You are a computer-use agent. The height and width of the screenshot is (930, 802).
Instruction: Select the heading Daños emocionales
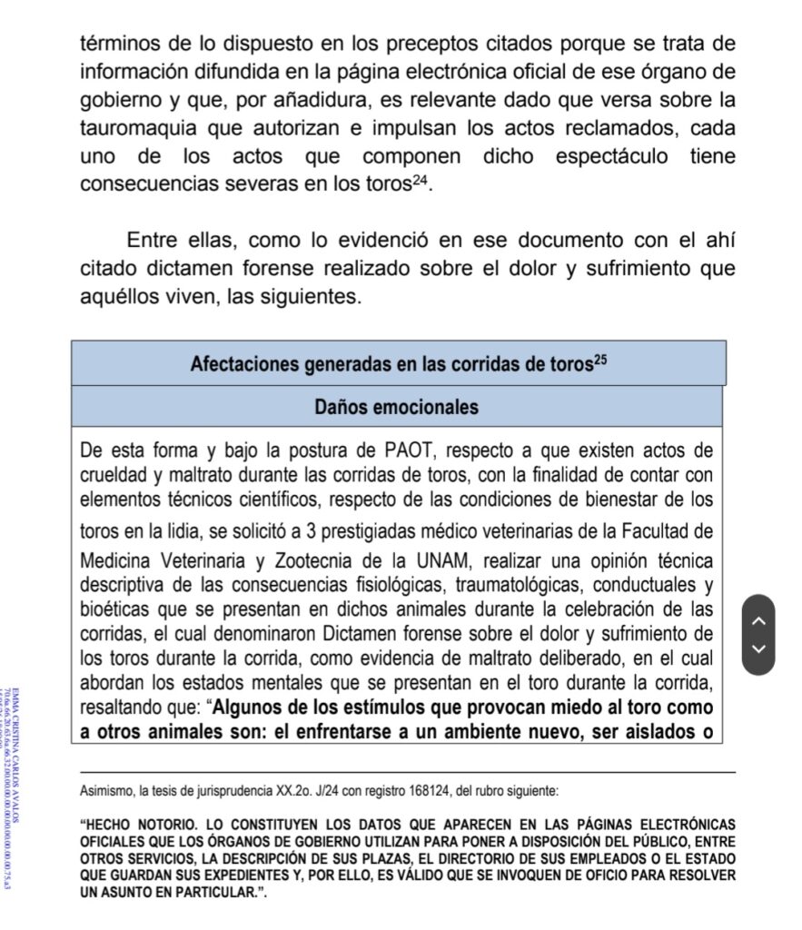pos(397,408)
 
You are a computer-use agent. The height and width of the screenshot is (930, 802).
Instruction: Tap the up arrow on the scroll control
pos(759,621)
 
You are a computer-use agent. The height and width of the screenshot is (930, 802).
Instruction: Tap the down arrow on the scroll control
pos(759,648)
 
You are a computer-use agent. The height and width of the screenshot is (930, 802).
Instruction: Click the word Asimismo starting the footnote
pos(107,791)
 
